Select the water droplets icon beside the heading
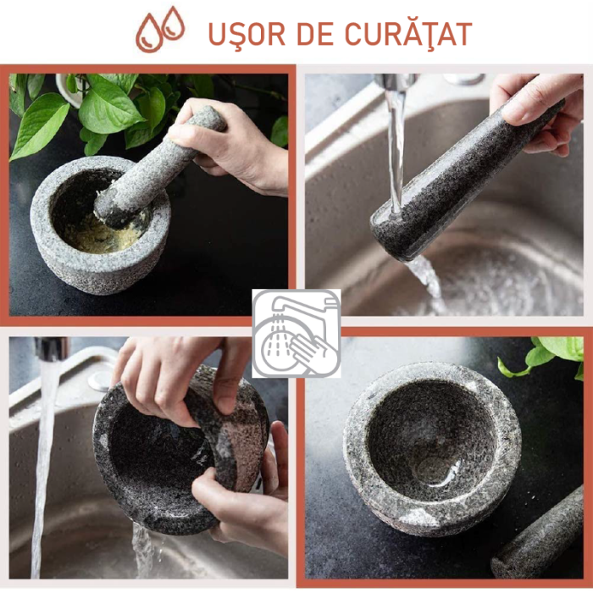[162, 29]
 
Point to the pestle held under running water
[457, 183]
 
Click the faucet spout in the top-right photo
[398, 82]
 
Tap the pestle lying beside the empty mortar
[542, 534]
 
